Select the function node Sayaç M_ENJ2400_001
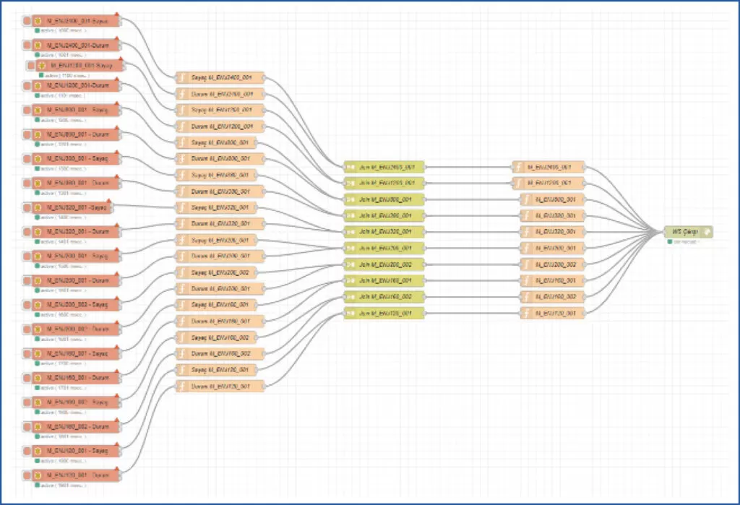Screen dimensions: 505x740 [220, 78]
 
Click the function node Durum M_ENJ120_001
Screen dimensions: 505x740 [220, 386]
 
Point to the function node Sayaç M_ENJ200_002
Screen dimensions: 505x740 [220, 272]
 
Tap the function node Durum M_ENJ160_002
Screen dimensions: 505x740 [220, 353]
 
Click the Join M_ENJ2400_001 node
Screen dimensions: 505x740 [384, 166]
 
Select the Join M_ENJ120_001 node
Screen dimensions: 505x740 [384, 313]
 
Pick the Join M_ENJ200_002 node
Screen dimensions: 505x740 [384, 264]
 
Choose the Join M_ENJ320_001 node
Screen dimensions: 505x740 [384, 231]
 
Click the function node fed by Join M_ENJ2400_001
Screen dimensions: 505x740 [548, 166]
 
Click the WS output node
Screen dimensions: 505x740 [687, 231]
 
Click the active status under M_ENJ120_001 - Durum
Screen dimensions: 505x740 [61, 485]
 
